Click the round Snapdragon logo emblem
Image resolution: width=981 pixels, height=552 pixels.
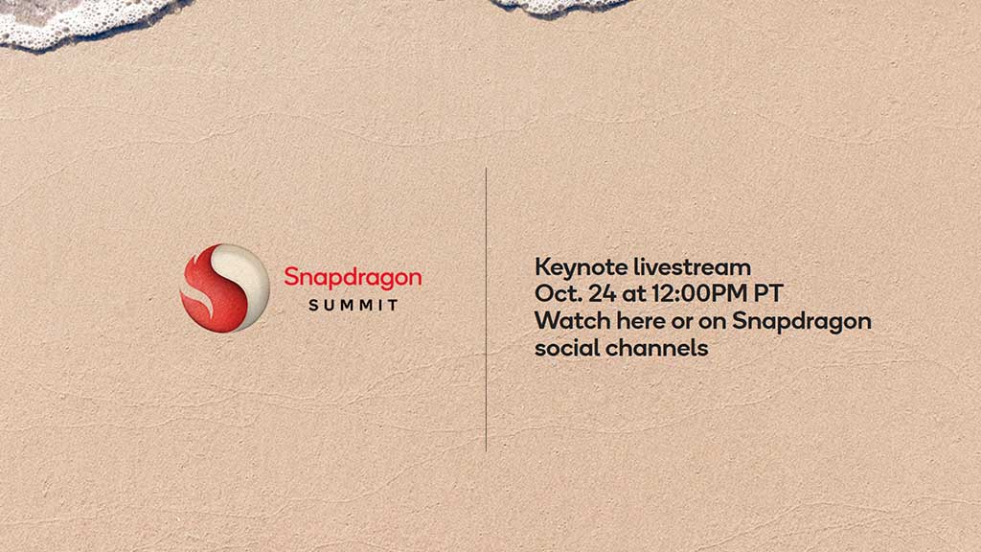click(x=225, y=287)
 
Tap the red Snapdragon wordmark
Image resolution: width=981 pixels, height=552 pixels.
click(x=353, y=277)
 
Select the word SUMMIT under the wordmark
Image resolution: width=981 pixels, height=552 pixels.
click(x=354, y=305)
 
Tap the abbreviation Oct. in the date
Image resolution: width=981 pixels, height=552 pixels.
click(x=554, y=293)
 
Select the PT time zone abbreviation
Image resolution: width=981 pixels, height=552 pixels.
click(x=769, y=293)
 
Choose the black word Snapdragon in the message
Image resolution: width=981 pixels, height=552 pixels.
click(x=802, y=321)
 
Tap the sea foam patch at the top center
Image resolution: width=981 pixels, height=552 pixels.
click(x=560, y=6)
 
